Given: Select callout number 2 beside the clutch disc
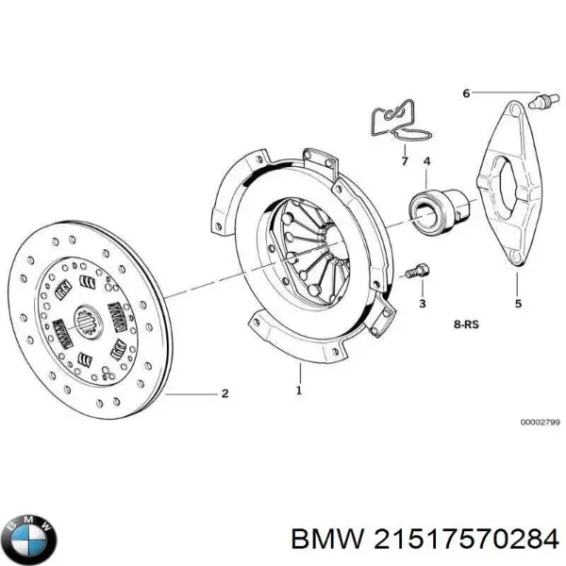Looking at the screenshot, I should pos(225,393).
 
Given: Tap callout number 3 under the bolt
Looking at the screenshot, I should pos(422,304).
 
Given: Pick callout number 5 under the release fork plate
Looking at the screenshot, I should pos(517,304).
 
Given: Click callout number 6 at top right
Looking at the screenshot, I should pos(466,92).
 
